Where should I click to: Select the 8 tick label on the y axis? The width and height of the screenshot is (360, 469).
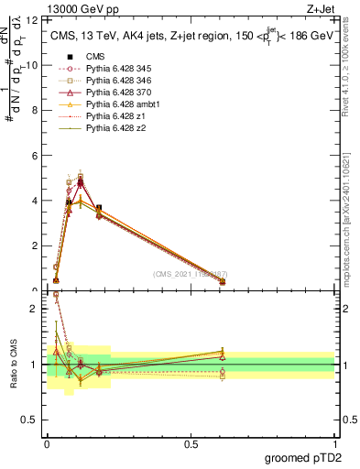(x=36, y=110)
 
